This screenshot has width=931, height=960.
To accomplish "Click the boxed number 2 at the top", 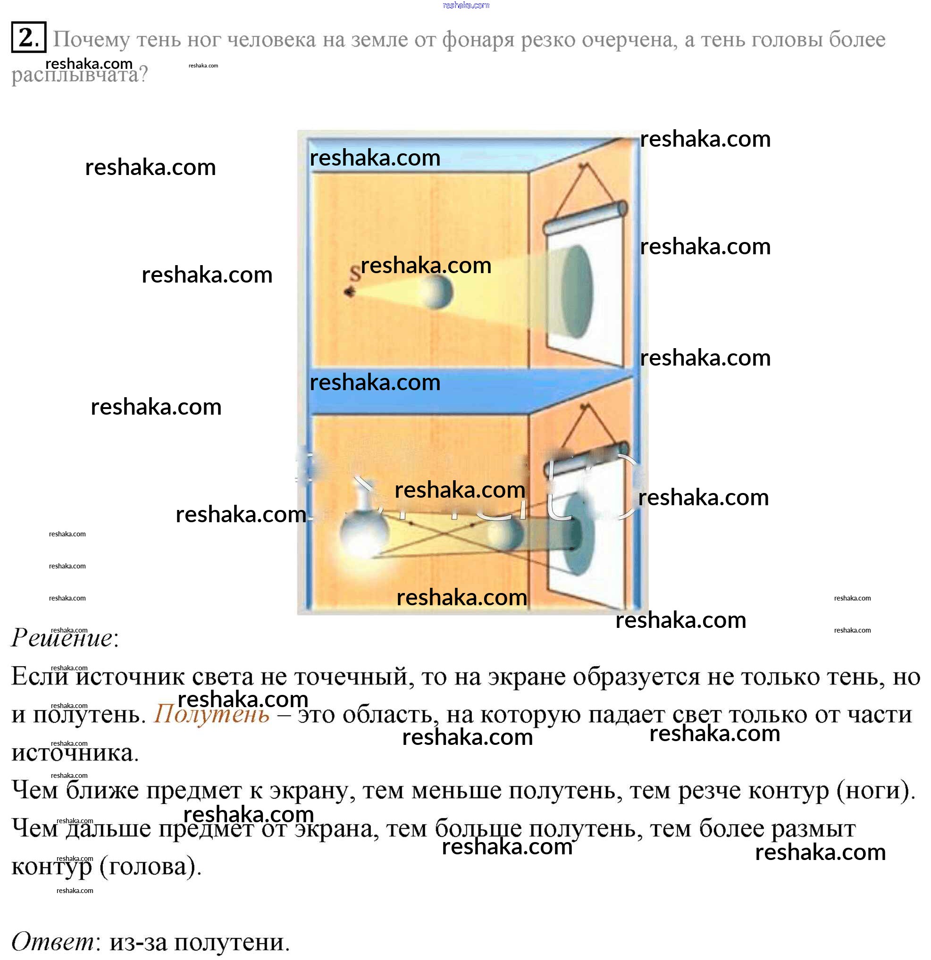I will pos(28,37).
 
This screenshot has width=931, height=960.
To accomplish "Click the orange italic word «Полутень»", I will pos(212,715).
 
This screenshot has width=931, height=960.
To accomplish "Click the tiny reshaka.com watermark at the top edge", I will pos(465,5).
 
